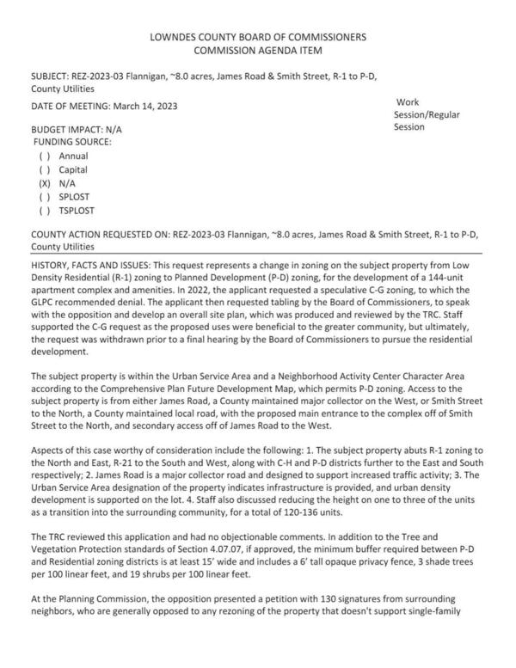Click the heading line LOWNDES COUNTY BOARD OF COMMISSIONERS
258,38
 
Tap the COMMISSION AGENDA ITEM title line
258,52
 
